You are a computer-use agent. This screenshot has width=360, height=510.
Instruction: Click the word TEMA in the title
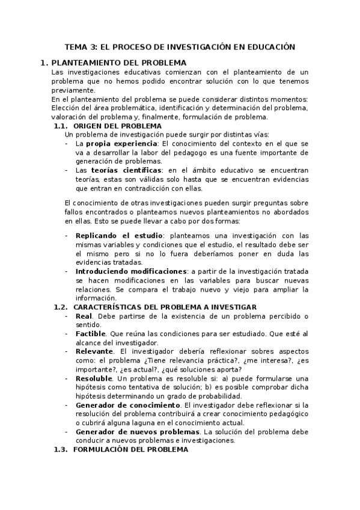(76, 46)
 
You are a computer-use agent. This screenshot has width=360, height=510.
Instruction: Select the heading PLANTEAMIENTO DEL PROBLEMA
(119, 63)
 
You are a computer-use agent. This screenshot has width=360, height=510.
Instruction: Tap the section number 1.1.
(61, 126)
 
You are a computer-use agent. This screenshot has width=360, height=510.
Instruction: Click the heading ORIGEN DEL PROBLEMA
(117, 126)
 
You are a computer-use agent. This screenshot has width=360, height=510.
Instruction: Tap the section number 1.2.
(61, 307)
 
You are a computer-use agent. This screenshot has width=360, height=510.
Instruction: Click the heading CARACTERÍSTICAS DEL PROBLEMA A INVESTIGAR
(165, 307)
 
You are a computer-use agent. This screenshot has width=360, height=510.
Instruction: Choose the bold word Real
(84, 316)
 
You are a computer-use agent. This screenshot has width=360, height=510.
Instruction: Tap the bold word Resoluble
(94, 378)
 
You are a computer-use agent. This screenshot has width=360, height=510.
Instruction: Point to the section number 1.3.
(61, 449)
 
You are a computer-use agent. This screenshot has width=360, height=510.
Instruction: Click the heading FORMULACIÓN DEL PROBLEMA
(135, 449)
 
